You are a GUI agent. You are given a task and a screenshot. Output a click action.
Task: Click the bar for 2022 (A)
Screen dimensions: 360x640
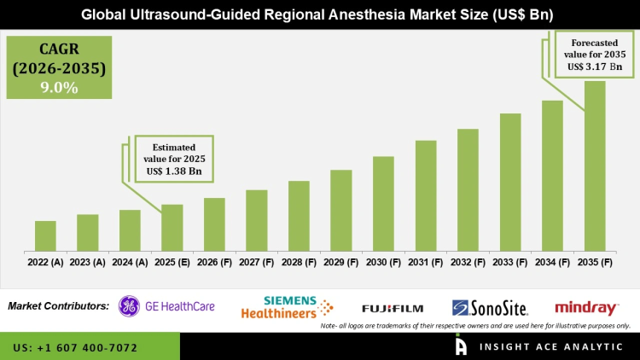(45, 235)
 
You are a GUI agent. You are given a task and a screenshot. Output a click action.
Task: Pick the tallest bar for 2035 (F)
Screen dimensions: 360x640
(595, 165)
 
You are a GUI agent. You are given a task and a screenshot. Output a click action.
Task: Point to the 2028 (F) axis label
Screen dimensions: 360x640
(299, 263)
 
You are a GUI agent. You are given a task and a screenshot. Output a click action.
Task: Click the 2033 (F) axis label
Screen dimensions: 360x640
(510, 263)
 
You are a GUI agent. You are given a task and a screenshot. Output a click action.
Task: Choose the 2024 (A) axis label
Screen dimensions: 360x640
(130, 263)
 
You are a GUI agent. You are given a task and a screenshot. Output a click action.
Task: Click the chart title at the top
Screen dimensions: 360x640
(320, 15)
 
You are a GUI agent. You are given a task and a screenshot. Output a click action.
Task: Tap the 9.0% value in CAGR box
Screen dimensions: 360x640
(58, 87)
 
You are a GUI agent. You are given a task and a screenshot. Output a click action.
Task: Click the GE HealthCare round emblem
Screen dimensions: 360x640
(129, 306)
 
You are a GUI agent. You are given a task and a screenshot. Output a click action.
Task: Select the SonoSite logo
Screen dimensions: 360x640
(490, 307)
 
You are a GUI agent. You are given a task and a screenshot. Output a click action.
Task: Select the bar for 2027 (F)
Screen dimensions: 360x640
(256, 220)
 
